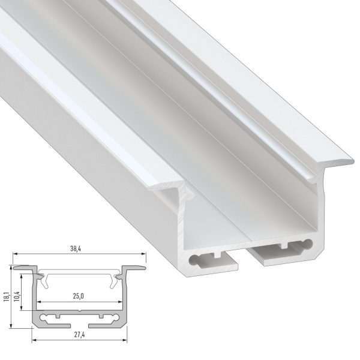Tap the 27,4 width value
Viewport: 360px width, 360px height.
(x=79, y=335)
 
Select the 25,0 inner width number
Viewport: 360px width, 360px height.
(x=78, y=296)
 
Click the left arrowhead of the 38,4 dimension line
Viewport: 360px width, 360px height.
(x=15, y=254)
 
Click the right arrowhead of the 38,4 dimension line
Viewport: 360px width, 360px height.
(x=144, y=254)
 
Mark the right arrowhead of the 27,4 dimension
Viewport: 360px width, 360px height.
(x=125, y=340)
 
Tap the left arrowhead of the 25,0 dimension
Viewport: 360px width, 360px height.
(x=39, y=302)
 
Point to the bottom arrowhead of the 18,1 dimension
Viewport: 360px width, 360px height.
(x=11, y=326)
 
